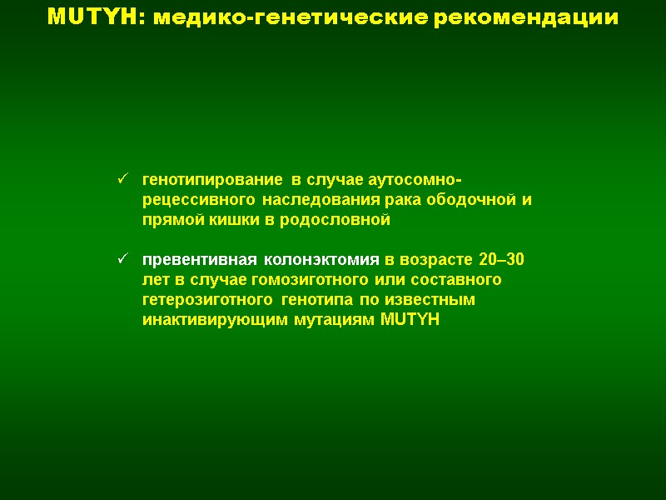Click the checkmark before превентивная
[x=122, y=259]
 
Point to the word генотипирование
[x=213, y=181]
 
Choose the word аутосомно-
[x=420, y=181]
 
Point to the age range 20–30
[x=502, y=259]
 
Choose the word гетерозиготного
[x=208, y=298]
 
